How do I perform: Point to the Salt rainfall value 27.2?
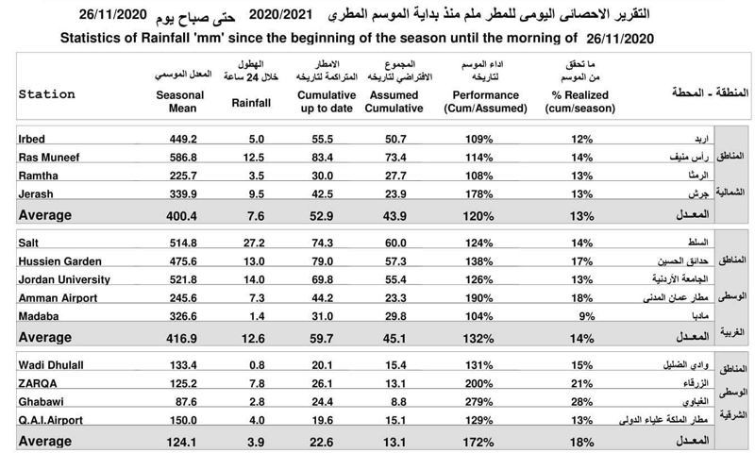(x=252, y=243)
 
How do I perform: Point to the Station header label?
(x=47, y=94)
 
